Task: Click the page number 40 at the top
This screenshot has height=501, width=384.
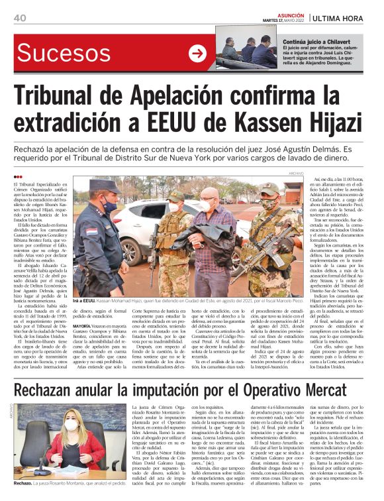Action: tap(19, 17)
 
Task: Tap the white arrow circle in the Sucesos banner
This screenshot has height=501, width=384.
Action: tap(198, 54)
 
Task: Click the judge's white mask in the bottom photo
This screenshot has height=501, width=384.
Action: tap(72, 425)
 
